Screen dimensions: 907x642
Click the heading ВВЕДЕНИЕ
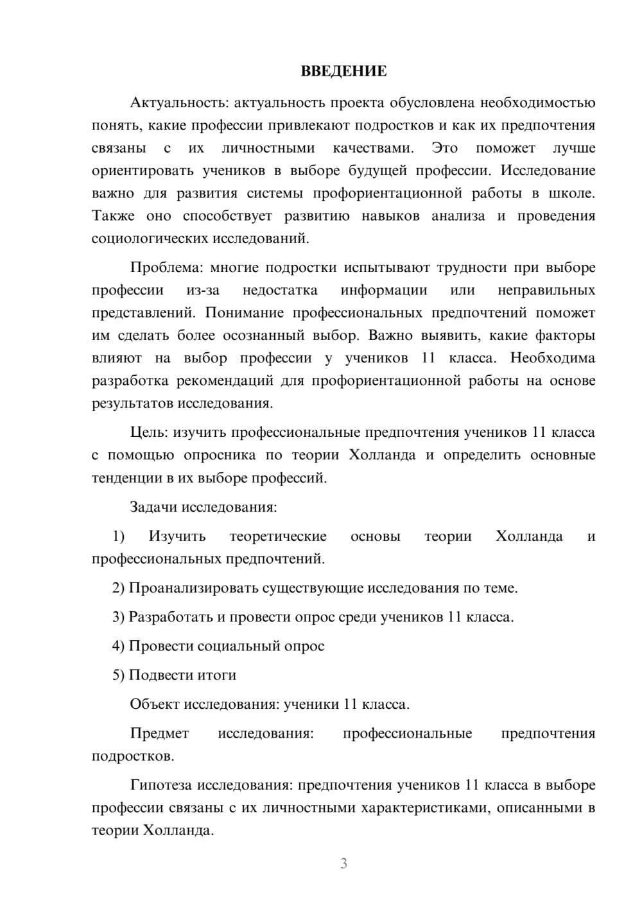coord(343,71)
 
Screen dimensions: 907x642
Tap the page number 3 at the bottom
coord(343,863)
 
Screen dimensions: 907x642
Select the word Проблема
coord(168,267)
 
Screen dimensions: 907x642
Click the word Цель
coord(148,432)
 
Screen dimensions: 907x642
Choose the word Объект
coord(155,704)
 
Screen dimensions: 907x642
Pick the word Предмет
coord(159,733)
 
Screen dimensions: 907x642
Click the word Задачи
coord(153,507)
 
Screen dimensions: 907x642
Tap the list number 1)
coord(118,536)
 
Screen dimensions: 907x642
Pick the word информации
coord(384,290)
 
